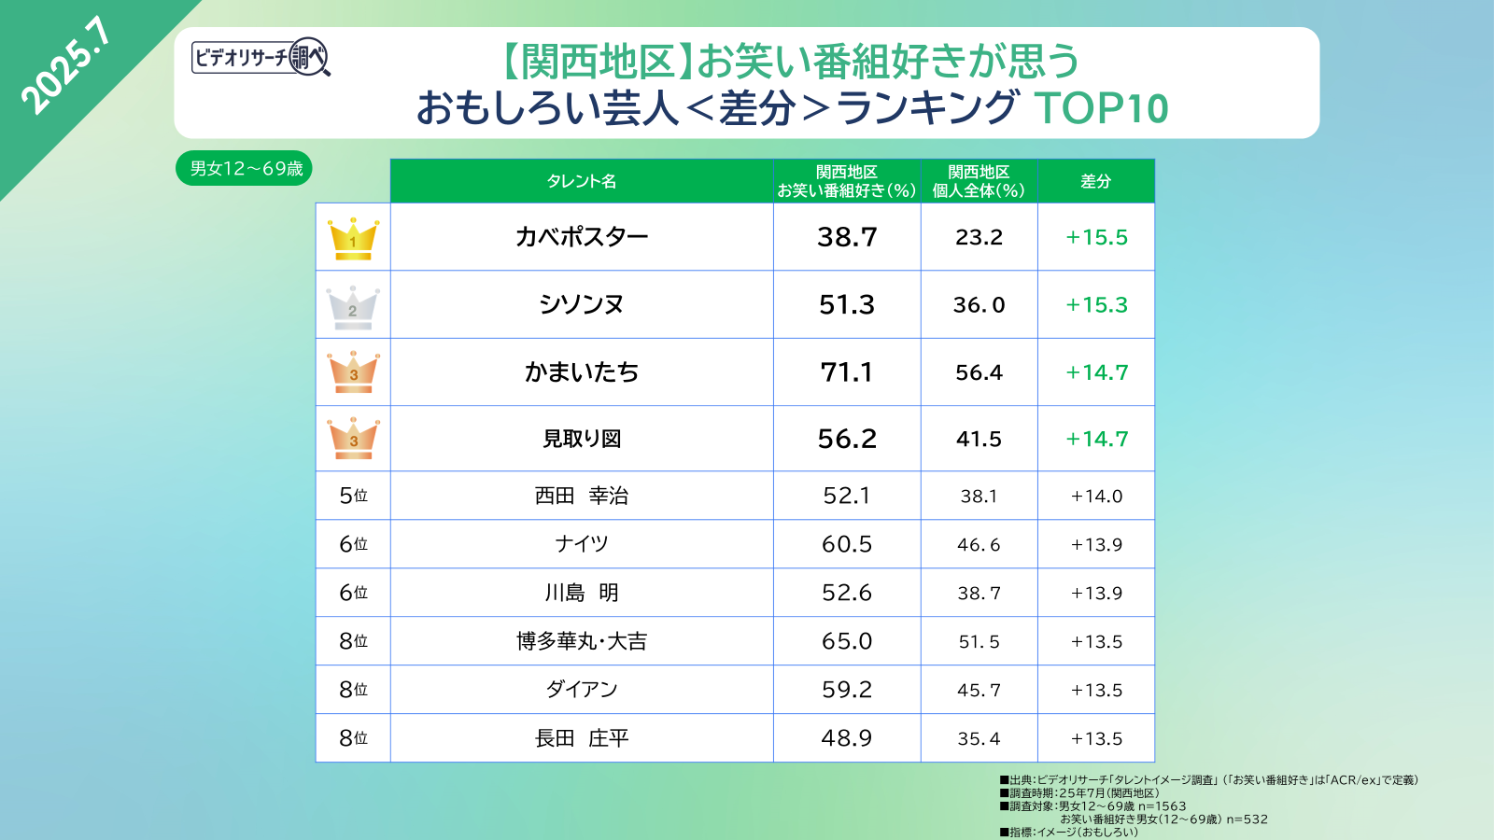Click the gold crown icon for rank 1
pyautogui.click(x=353, y=238)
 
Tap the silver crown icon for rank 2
pyautogui.click(x=353, y=306)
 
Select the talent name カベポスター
pyautogui.click(x=582, y=237)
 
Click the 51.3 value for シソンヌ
pyautogui.click(x=847, y=305)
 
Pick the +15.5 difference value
pyautogui.click(x=1096, y=237)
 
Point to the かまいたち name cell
pyautogui.click(x=582, y=372)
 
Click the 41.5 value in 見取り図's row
pyautogui.click(x=979, y=440)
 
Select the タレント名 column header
pyautogui.click(x=582, y=181)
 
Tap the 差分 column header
pyautogui.click(x=1096, y=181)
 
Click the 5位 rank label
pyautogui.click(x=353, y=496)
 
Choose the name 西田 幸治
pyautogui.click(x=582, y=496)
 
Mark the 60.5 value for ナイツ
pyautogui.click(x=847, y=544)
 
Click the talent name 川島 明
pyautogui.click(x=582, y=593)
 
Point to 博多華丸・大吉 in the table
pyautogui.click(x=582, y=641)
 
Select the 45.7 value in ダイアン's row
pyautogui.click(x=979, y=691)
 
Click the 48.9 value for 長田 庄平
pyautogui.click(x=847, y=738)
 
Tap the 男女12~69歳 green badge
pyautogui.click(x=245, y=169)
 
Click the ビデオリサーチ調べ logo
pyautogui.click(x=261, y=58)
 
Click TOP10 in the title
pyautogui.click(x=1101, y=108)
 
